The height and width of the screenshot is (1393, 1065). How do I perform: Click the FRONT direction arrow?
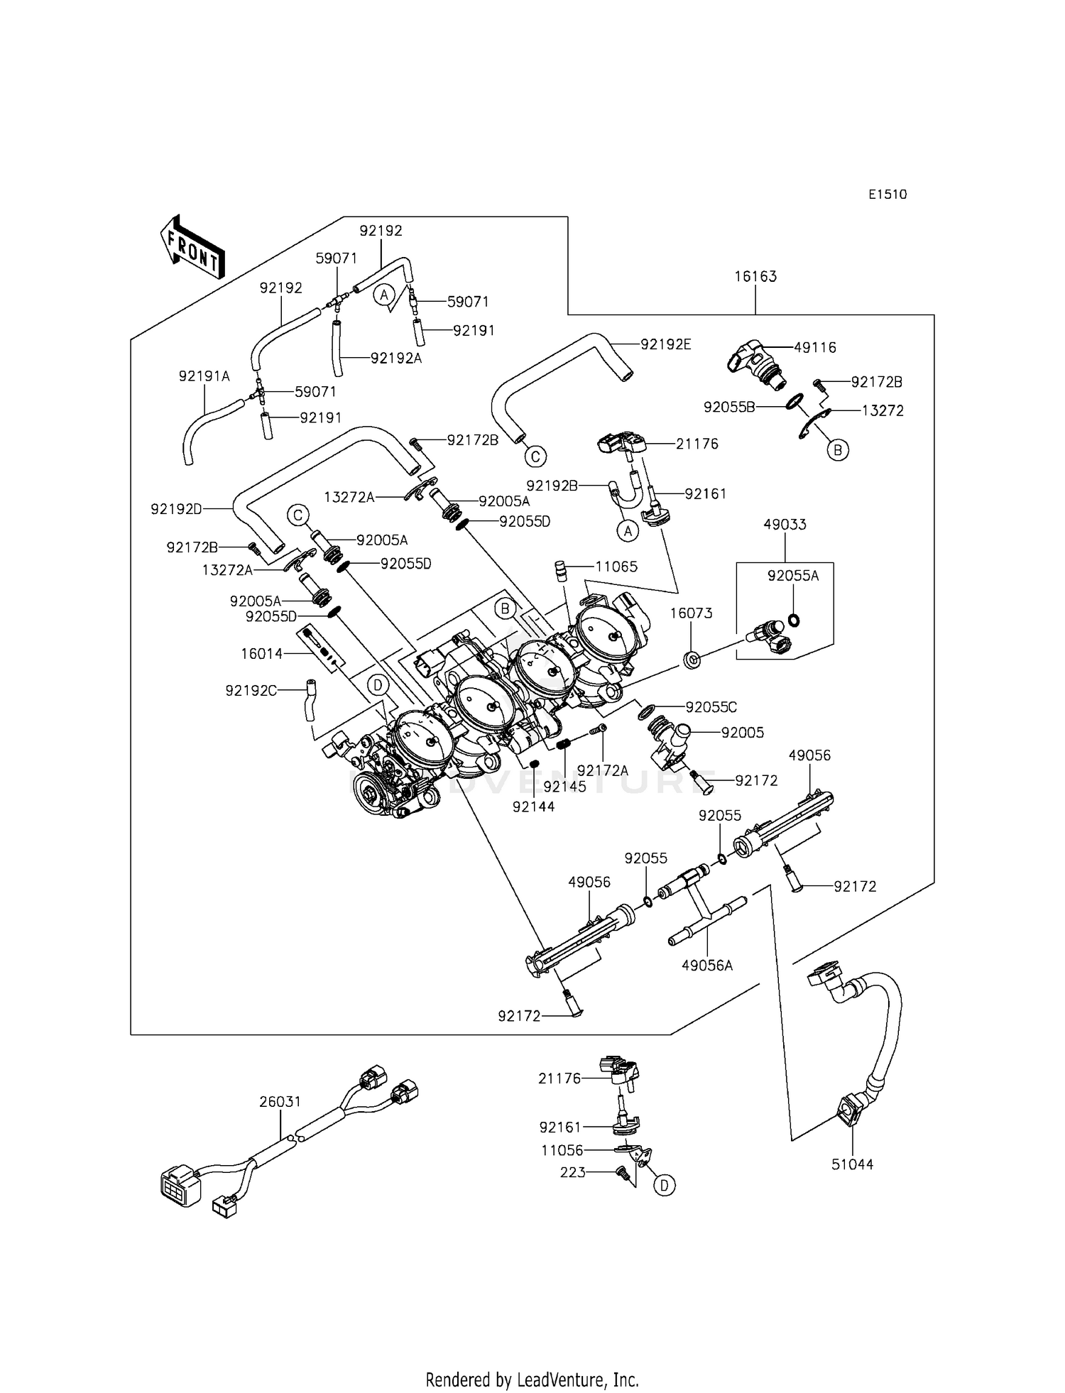point(192,247)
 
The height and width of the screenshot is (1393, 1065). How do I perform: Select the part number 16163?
point(755,276)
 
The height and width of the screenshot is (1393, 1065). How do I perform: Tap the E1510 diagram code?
point(887,195)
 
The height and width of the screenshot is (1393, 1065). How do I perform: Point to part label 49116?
point(815,347)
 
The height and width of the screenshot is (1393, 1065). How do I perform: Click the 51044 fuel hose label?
point(853,1164)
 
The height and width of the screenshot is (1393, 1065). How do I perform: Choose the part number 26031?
point(280,1102)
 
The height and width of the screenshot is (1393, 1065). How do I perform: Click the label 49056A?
point(707,966)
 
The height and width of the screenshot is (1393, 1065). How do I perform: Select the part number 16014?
point(261,654)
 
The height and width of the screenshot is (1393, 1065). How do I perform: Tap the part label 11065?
point(616,567)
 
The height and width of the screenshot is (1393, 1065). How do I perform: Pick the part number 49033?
point(785,525)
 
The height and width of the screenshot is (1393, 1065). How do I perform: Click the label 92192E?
point(665,344)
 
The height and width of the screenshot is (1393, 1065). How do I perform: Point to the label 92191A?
point(204,376)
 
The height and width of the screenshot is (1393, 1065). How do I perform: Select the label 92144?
point(533,807)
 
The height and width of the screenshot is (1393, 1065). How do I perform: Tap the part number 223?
point(573,1172)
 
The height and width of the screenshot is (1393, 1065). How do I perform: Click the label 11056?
point(562,1150)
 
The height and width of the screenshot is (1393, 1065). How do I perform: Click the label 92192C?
point(251,690)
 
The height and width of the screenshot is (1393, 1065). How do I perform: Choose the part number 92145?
point(565,787)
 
